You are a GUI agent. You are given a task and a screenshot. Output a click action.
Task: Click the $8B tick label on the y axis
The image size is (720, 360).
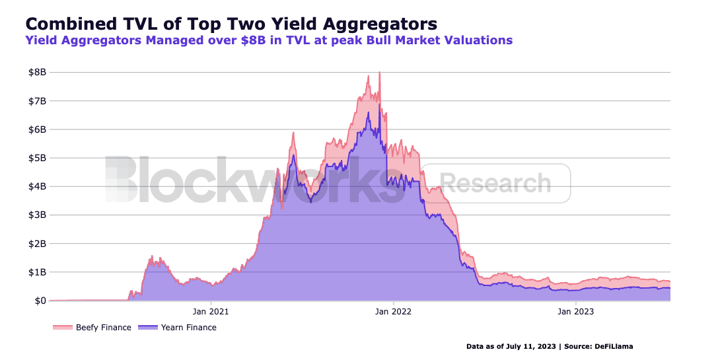pos(38,73)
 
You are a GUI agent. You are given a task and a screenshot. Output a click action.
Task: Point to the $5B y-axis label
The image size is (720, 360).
pos(38,158)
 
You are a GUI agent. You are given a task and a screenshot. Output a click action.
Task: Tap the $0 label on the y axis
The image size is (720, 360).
pos(40,301)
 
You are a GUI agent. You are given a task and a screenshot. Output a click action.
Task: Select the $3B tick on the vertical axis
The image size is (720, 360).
pos(38,215)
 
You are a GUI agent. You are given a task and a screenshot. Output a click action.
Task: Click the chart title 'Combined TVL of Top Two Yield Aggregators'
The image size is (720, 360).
pos(231,24)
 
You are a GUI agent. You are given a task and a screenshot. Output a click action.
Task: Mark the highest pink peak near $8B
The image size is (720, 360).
pos(379,73)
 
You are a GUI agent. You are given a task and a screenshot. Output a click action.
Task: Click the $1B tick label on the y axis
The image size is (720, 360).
pos(38,272)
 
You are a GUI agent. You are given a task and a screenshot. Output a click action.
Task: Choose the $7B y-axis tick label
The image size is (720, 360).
pos(38,101)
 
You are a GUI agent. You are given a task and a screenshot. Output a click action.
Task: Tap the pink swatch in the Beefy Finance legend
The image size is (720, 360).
pos(63,328)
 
